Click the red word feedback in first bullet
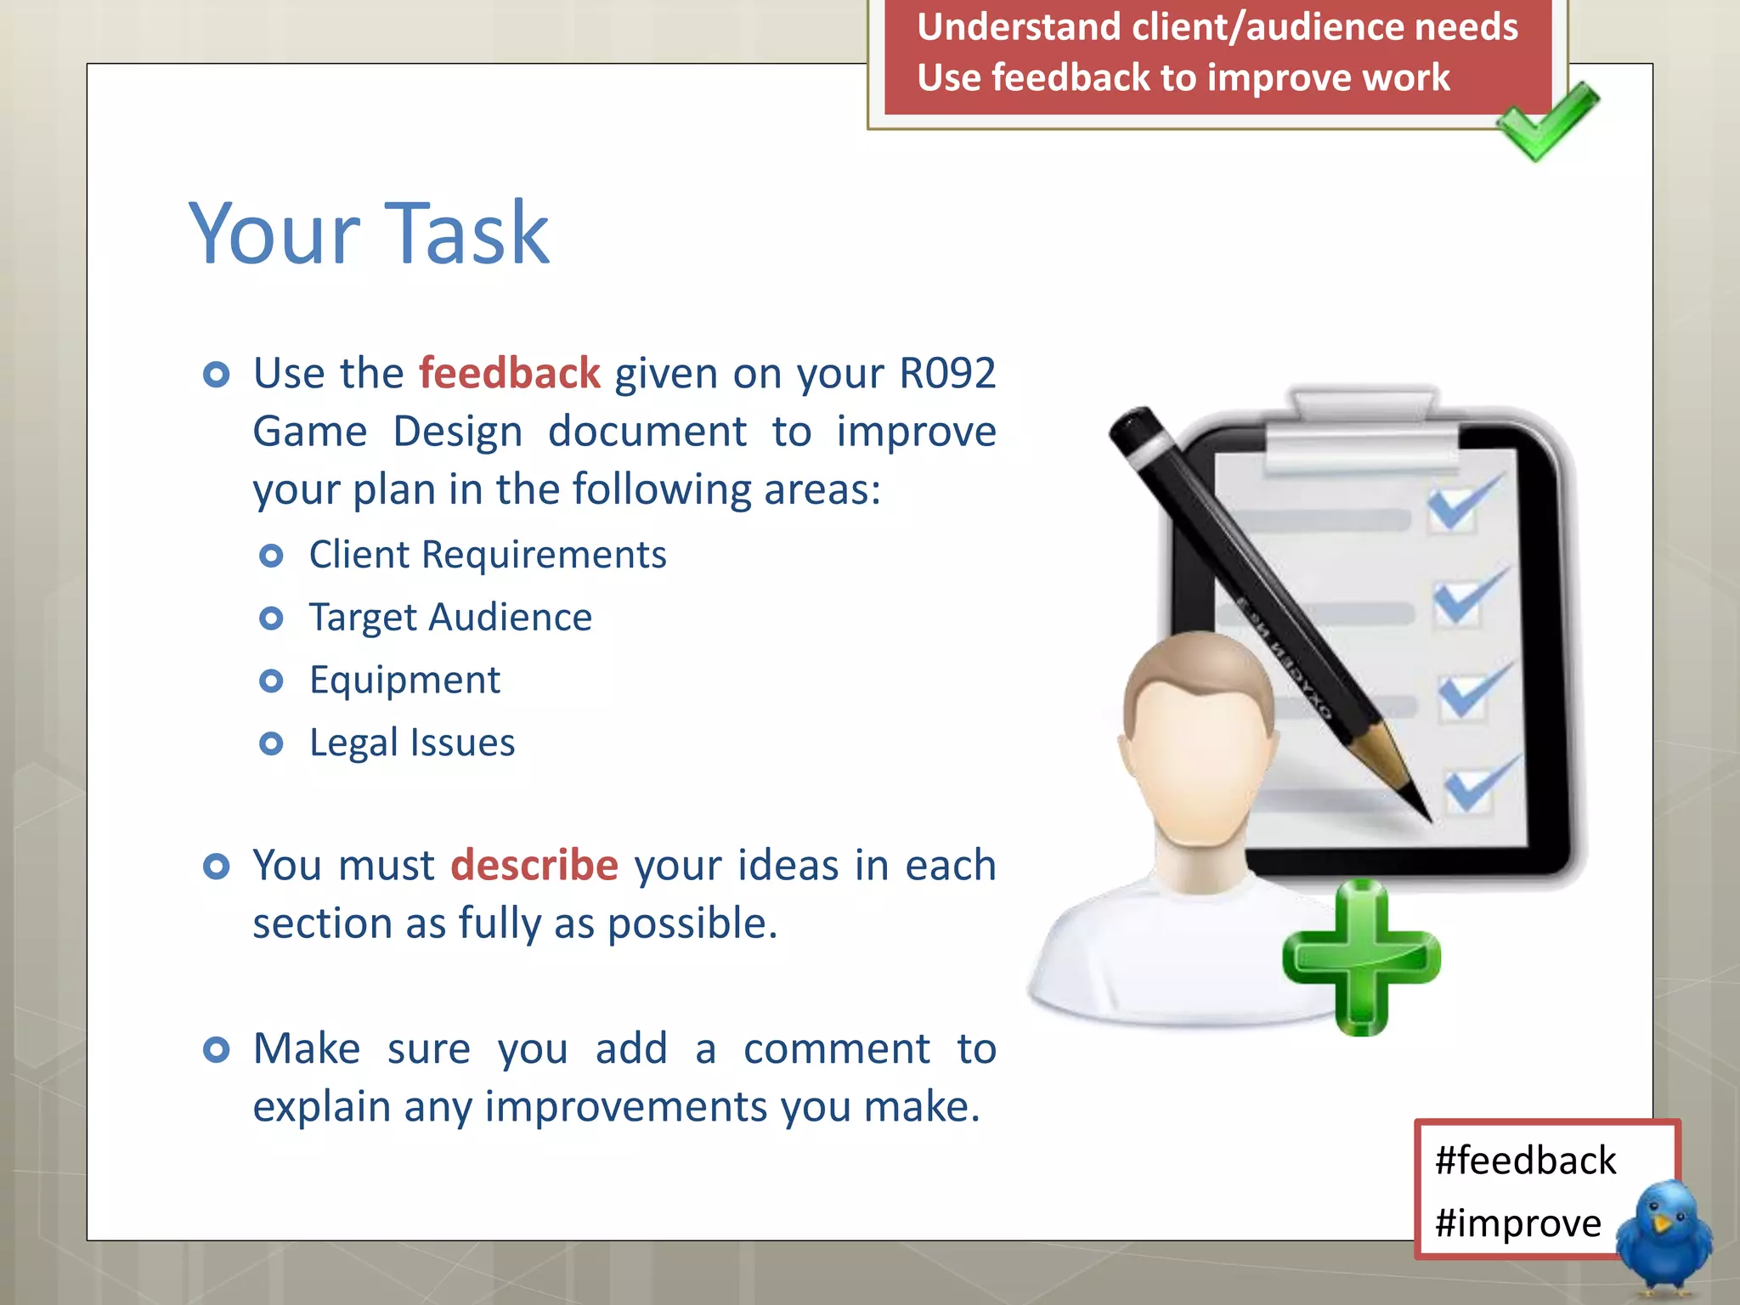pos(510,374)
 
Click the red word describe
pos(534,866)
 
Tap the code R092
pos(947,374)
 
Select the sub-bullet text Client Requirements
pos(488,555)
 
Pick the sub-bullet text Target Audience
pos(450,618)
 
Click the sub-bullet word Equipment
pos(404,681)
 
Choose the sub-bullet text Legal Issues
pos(412,743)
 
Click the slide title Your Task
pos(369,233)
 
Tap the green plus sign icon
pos(1361,958)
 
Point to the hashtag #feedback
pos(1525,1161)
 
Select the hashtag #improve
pos(1517,1223)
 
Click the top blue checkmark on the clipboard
pos(1463,502)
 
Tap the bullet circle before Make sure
pos(217,1050)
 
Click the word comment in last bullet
pos(836,1049)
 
